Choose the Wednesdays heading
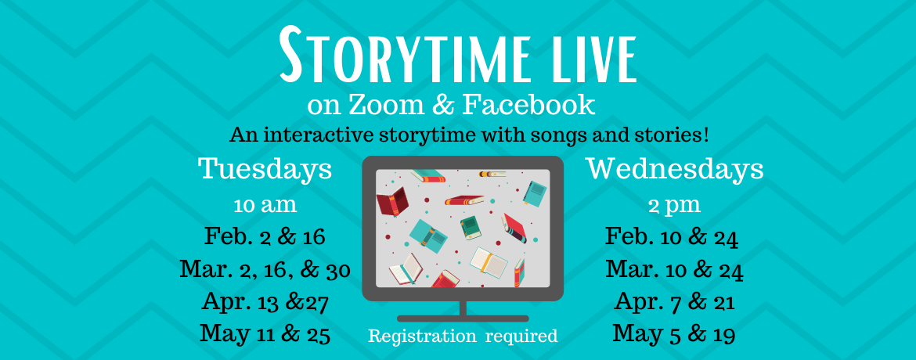pyautogui.click(x=676, y=170)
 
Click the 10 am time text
pyautogui.click(x=265, y=206)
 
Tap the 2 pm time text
pyautogui.click(x=675, y=207)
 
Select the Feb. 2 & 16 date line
pyautogui.click(x=265, y=237)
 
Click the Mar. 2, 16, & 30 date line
pyautogui.click(x=265, y=270)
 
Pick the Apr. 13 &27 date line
pyautogui.click(x=265, y=302)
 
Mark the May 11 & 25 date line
pyautogui.click(x=265, y=334)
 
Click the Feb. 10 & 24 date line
pyautogui.click(x=672, y=237)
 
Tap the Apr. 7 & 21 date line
pyautogui.click(x=674, y=302)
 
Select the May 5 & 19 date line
pyautogui.click(x=673, y=334)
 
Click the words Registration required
pyautogui.click(x=463, y=337)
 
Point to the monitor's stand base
pyautogui.click(x=463, y=319)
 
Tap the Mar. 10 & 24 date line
pyautogui.click(x=674, y=270)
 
